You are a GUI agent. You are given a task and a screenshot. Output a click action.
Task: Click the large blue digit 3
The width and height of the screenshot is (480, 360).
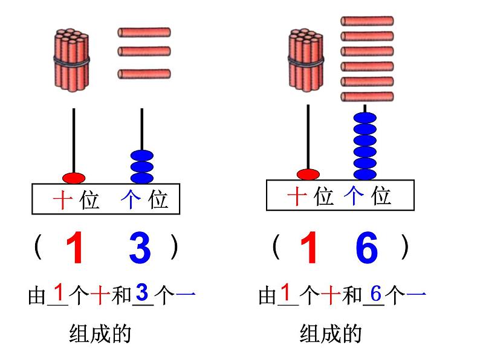(x=140, y=248)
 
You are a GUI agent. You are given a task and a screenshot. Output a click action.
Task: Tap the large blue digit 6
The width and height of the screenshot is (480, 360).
(x=366, y=248)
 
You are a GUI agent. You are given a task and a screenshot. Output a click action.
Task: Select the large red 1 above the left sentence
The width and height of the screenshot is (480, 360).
(x=74, y=248)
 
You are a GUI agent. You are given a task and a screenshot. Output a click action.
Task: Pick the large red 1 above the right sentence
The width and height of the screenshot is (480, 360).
(x=309, y=248)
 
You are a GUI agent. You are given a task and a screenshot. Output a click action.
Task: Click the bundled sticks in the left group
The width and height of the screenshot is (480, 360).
(x=72, y=60)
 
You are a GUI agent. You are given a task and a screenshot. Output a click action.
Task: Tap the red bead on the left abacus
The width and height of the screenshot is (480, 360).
(x=74, y=178)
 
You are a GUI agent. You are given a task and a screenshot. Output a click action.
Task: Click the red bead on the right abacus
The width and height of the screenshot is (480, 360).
(x=308, y=175)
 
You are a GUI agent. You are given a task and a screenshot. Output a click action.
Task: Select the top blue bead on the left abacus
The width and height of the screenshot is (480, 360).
(x=142, y=156)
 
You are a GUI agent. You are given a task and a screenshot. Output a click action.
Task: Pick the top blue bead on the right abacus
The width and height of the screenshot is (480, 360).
(x=365, y=118)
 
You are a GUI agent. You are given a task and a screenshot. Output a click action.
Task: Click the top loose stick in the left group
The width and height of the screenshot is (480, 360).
(x=144, y=32)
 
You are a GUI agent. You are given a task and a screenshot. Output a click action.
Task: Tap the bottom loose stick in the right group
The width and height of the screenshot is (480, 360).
(x=368, y=97)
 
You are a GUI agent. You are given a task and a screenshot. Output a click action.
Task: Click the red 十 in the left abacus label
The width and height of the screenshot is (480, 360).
(x=63, y=200)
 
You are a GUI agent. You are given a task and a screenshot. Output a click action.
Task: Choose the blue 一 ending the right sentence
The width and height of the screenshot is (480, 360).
(x=417, y=295)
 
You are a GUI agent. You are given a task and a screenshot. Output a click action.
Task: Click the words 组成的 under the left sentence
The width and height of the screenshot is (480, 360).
(x=100, y=333)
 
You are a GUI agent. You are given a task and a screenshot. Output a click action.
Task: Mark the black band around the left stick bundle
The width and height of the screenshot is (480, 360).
(x=72, y=60)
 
